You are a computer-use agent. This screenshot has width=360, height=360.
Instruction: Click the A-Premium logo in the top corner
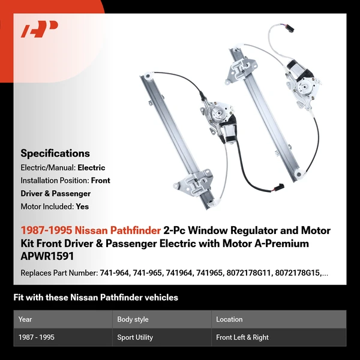coord(39,29)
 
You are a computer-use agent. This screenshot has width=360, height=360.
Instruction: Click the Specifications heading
coord(55,153)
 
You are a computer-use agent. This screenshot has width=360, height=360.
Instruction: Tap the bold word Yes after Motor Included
coord(82,206)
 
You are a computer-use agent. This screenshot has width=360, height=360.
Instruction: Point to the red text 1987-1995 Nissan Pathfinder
coord(90,230)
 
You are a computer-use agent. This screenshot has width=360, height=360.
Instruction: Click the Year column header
coord(25,319)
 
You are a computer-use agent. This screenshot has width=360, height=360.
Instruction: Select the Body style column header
coord(133,319)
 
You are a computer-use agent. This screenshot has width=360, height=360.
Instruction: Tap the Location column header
coord(229,319)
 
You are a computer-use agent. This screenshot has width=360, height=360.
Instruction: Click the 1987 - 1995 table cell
coord(36,337)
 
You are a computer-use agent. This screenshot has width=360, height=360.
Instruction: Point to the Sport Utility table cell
coord(135,337)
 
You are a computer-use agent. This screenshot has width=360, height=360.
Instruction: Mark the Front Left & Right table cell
coord(242,337)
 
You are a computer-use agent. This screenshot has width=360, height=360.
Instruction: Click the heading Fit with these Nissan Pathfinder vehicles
coord(96,298)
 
